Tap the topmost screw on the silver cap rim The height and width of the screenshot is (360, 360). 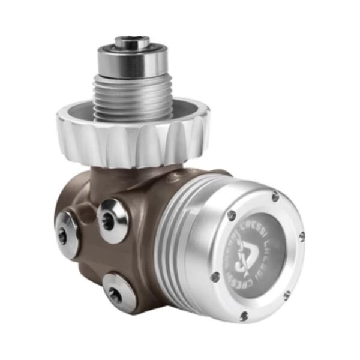tap(275, 196)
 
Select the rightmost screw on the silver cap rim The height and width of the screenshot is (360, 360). tap(301, 236)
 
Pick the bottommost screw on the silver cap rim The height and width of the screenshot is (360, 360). tap(244, 316)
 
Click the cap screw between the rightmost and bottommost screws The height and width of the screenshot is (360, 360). tap(286, 294)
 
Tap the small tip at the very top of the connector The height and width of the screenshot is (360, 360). tap(132, 41)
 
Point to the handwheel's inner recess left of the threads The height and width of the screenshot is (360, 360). tap(78, 117)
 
